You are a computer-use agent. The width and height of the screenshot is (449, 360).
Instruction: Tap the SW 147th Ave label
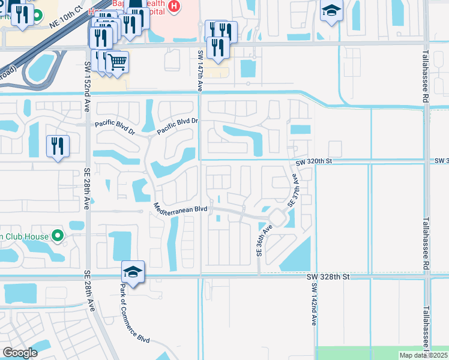tap(200, 70)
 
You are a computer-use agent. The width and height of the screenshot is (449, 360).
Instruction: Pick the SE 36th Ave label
tap(261, 241)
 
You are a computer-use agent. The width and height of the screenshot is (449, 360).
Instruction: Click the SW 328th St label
tap(328, 277)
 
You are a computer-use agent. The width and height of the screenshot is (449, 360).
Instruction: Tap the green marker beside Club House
tap(58, 236)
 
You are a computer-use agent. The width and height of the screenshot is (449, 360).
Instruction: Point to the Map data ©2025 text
tap(423, 355)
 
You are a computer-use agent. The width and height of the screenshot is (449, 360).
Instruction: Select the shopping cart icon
tap(118, 62)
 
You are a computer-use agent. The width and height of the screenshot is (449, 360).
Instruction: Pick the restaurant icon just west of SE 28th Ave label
tap(58, 146)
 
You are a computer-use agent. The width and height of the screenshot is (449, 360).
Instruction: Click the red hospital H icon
tap(173, 7)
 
